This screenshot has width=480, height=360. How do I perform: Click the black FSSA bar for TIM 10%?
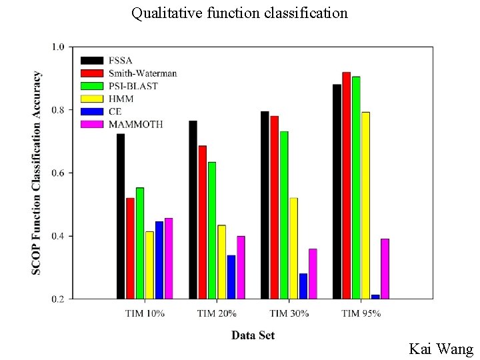121,216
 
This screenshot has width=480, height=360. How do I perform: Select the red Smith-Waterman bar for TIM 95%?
347,185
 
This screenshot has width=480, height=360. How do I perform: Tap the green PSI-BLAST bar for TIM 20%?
212,231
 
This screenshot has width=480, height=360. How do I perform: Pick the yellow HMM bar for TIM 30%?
294,248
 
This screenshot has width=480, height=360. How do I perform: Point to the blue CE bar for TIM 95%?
375,297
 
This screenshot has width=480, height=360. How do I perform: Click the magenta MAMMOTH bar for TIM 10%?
169,259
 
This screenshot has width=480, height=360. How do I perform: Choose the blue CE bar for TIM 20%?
231,277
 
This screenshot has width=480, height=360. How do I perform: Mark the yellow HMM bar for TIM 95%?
366,205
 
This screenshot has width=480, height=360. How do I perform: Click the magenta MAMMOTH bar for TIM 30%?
313,274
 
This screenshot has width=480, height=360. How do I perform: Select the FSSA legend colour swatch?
92,61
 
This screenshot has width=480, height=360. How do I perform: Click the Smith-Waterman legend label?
143,73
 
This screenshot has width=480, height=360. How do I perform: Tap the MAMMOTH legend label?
135,124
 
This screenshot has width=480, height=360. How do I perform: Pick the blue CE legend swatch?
92,111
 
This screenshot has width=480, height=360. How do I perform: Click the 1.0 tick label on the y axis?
58,47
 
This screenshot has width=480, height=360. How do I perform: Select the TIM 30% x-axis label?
289,313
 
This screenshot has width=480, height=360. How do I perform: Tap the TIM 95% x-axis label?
361,313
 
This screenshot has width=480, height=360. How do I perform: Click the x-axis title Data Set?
253,335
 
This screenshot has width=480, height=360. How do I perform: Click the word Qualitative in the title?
167,13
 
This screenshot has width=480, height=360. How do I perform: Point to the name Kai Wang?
441,349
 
